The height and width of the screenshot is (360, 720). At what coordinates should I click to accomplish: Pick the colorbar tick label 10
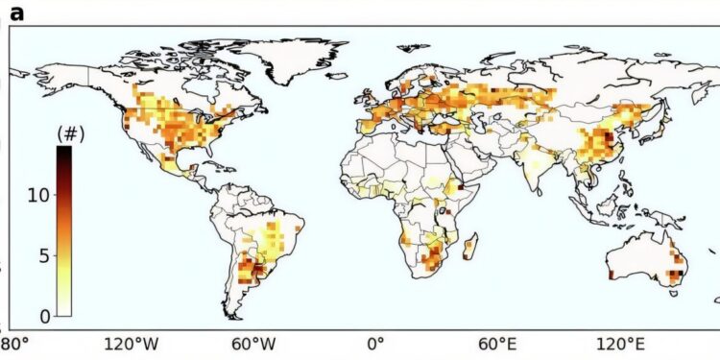tap(37, 196)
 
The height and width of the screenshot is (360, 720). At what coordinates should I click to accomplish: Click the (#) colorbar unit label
tap(71, 133)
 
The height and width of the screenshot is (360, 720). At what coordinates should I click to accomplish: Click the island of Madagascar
tap(468, 250)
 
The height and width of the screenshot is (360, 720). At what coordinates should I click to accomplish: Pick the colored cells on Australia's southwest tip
tap(612, 275)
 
